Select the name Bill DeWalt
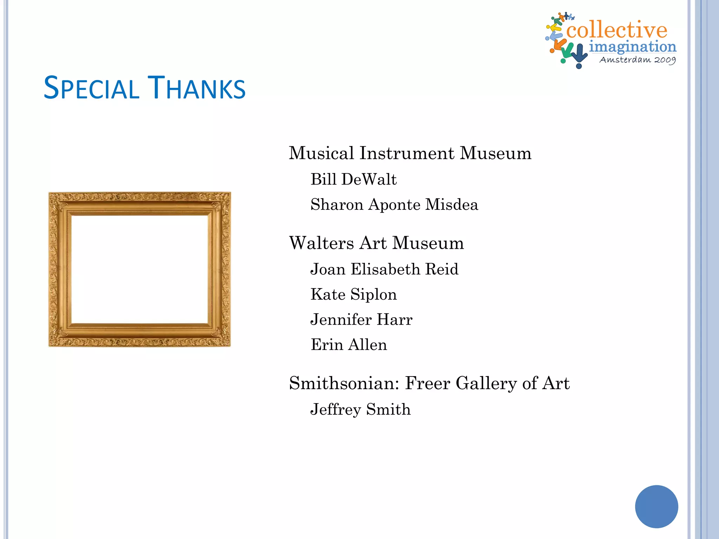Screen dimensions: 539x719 (354, 179)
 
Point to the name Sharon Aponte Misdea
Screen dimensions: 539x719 (394, 205)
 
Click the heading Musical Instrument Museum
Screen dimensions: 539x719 (410, 153)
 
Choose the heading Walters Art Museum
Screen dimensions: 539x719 (376, 243)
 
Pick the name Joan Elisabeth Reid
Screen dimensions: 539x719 (384, 269)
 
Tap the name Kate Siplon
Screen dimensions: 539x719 (354, 294)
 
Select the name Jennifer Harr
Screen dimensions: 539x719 (361, 320)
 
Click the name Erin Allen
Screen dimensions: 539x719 (349, 345)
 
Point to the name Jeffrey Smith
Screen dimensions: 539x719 (360, 410)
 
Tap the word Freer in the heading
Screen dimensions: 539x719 (428, 383)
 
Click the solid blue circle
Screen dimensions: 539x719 (657, 506)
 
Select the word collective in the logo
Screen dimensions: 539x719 (616, 30)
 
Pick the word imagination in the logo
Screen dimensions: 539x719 (633, 47)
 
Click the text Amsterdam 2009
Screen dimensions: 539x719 (638, 60)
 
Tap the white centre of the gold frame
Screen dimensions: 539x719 (140, 269)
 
